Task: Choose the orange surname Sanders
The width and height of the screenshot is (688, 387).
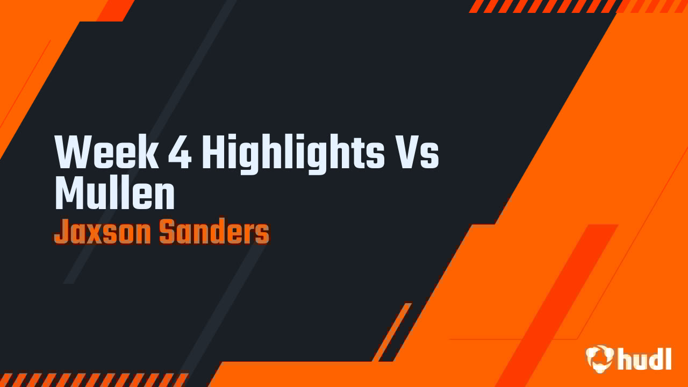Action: tap(214, 233)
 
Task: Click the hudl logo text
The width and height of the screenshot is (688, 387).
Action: tap(644, 359)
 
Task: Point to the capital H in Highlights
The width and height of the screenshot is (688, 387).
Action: tap(213, 153)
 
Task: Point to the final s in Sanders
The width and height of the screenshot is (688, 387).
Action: tap(262, 235)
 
